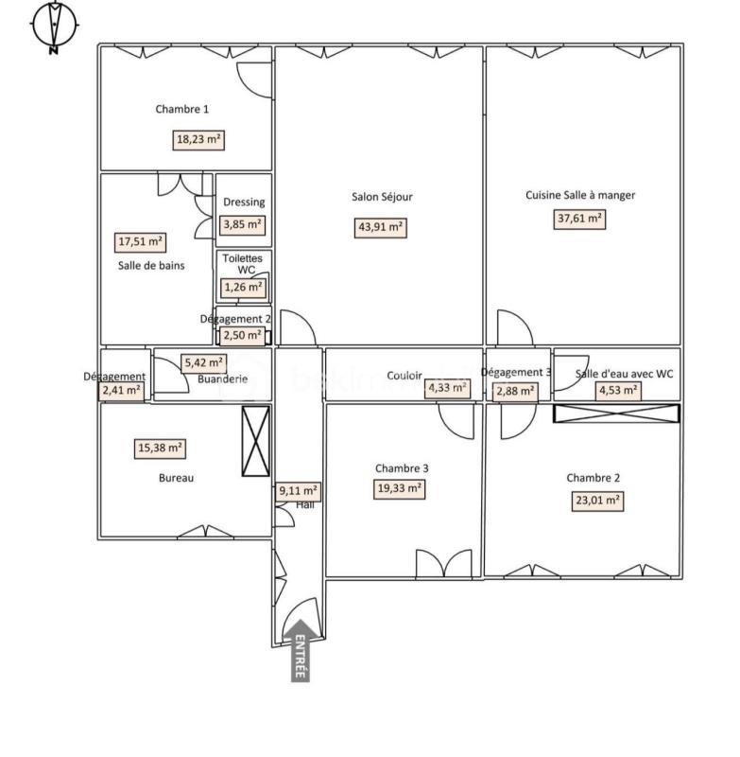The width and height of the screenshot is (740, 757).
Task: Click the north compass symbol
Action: (x=55, y=26)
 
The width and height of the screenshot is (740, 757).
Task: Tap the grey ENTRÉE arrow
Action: (x=301, y=649)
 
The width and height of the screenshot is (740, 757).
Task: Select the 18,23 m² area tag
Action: (x=199, y=140)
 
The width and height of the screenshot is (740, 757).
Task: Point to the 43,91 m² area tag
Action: (x=381, y=227)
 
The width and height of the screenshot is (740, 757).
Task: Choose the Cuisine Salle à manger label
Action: (x=580, y=195)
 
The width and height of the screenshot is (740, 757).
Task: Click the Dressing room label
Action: (x=244, y=202)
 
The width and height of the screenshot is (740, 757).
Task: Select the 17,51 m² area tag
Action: (x=140, y=242)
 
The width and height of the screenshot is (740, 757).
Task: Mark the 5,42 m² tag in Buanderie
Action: (x=204, y=362)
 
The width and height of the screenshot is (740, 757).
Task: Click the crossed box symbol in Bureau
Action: (x=256, y=441)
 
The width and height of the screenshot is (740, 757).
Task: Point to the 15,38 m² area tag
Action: (x=160, y=449)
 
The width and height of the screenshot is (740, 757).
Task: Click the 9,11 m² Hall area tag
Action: (x=298, y=491)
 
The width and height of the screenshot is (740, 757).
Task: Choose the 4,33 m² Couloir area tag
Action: (x=447, y=387)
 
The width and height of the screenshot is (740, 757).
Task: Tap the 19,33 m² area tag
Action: (x=400, y=488)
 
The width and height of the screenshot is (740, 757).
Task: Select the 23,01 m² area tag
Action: (x=596, y=501)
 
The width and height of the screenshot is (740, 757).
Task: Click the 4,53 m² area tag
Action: (x=618, y=390)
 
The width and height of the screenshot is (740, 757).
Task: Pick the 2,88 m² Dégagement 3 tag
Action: (x=516, y=391)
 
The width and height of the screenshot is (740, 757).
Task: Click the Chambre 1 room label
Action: (x=182, y=109)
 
